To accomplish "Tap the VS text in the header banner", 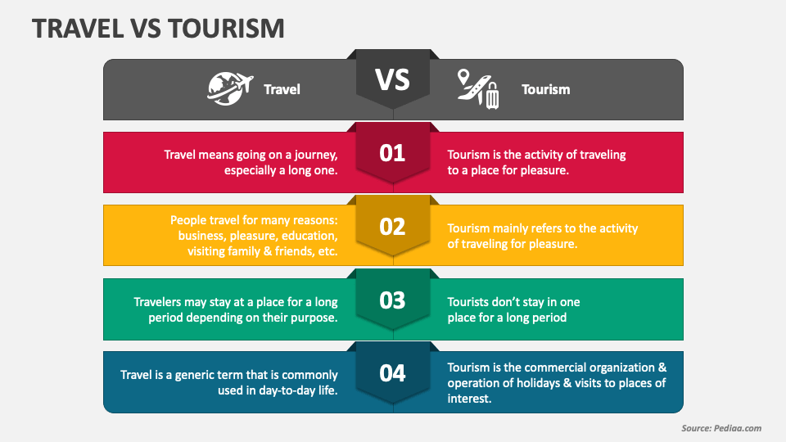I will pos(392,80).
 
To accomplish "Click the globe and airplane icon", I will pos(228,88).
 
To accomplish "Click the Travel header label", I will pos(282,89).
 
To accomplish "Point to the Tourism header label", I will pos(546,89).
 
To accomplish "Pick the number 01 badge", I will pos(393,153).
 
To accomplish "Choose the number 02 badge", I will pos(393,227).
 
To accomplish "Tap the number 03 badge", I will pos(393,300).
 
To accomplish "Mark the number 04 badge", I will pos(393,373).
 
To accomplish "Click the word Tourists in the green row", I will pos(472,302).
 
